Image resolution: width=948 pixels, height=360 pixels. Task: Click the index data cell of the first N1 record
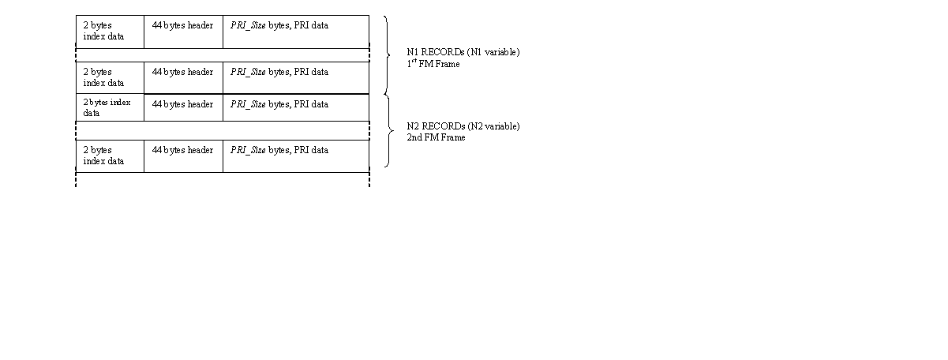point(110,32)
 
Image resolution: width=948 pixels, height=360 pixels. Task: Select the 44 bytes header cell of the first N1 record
point(183,32)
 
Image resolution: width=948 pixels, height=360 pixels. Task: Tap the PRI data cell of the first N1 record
point(296,32)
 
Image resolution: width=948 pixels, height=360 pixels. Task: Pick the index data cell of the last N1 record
point(110,77)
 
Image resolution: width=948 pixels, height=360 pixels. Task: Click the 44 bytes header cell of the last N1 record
point(183,77)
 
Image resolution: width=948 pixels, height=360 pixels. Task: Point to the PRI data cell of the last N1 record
point(296,77)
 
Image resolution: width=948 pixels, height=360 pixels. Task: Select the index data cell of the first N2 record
point(110,107)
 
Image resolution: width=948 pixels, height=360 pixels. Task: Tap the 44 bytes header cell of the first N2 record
point(183,107)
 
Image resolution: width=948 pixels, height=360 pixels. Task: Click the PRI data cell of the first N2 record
point(296,107)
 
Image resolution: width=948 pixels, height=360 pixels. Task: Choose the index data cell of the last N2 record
point(110,156)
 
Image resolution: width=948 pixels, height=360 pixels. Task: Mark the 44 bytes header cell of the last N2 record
point(183,156)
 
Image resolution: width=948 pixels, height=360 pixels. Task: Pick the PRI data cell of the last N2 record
point(296,156)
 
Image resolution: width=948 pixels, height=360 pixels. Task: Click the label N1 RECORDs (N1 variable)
point(463,52)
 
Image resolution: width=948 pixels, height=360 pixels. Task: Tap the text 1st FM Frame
point(433,63)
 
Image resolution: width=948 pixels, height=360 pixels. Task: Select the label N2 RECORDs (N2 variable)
point(463,126)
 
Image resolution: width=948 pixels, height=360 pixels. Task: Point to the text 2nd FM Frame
point(436,137)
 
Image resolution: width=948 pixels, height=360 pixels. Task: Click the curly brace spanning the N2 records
point(393,131)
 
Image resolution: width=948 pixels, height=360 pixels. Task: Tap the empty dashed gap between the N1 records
point(223,55)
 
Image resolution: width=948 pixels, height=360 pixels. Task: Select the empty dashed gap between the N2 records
point(223,130)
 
